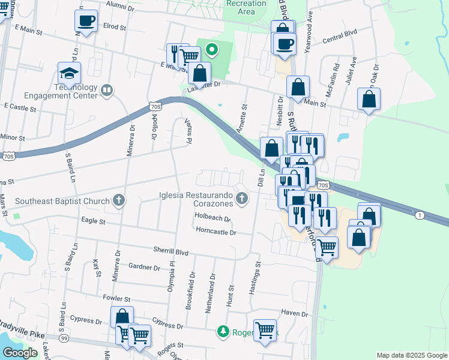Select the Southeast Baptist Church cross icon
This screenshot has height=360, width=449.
click(x=119, y=201)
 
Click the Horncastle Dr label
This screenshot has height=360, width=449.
click(x=215, y=232)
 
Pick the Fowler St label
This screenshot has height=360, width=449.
click(x=116, y=298)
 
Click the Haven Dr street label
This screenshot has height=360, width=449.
click(x=294, y=314)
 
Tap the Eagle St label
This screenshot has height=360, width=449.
click(x=93, y=221)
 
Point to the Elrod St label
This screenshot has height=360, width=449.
click(x=114, y=27)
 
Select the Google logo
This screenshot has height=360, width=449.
click(x=20, y=353)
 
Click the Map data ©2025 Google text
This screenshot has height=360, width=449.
click(x=411, y=355)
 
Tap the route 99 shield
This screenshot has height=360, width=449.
click(x=63, y=339)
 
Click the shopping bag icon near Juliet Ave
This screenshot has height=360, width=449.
click(x=369, y=99)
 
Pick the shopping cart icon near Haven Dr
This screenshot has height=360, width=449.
click(x=265, y=329)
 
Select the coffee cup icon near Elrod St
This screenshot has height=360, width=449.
click(x=86, y=21)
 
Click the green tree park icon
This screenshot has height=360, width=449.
click(x=223, y=331)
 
